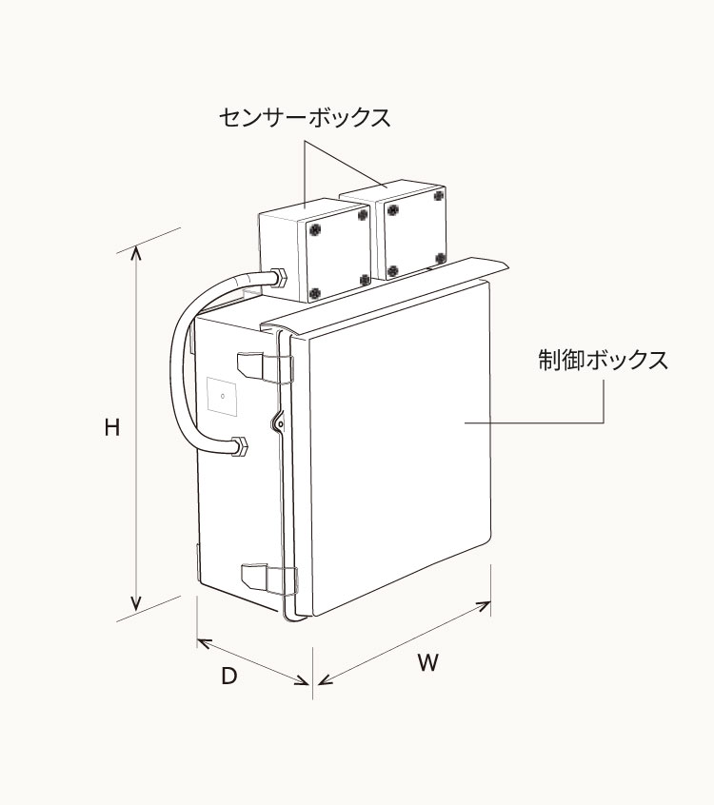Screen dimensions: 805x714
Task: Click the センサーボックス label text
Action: pyautogui.click(x=305, y=118)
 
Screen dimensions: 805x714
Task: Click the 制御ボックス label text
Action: pyautogui.click(x=603, y=361)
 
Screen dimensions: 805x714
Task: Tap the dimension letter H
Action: pyautogui.click(x=112, y=428)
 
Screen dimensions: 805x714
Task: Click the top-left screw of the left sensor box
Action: pyautogui.click(x=315, y=228)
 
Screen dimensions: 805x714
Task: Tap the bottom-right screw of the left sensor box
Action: pyautogui.click(x=365, y=279)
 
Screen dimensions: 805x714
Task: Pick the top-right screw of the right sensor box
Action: pyautogui.click(x=438, y=195)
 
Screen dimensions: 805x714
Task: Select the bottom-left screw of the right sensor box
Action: pyautogui.click(x=391, y=271)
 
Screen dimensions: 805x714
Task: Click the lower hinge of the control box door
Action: pyautogui.click(x=266, y=575)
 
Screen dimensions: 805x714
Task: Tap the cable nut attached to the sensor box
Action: pyautogui.click(x=278, y=278)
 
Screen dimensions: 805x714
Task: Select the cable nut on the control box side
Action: pyautogui.click(x=238, y=445)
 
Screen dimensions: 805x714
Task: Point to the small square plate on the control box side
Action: pyautogui.click(x=222, y=396)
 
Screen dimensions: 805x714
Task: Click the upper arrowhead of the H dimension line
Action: pyautogui.click(x=136, y=252)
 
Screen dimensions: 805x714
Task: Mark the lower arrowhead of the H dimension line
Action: pyautogui.click(x=136, y=603)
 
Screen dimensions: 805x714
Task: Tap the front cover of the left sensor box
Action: pyautogui.click(x=338, y=254)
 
